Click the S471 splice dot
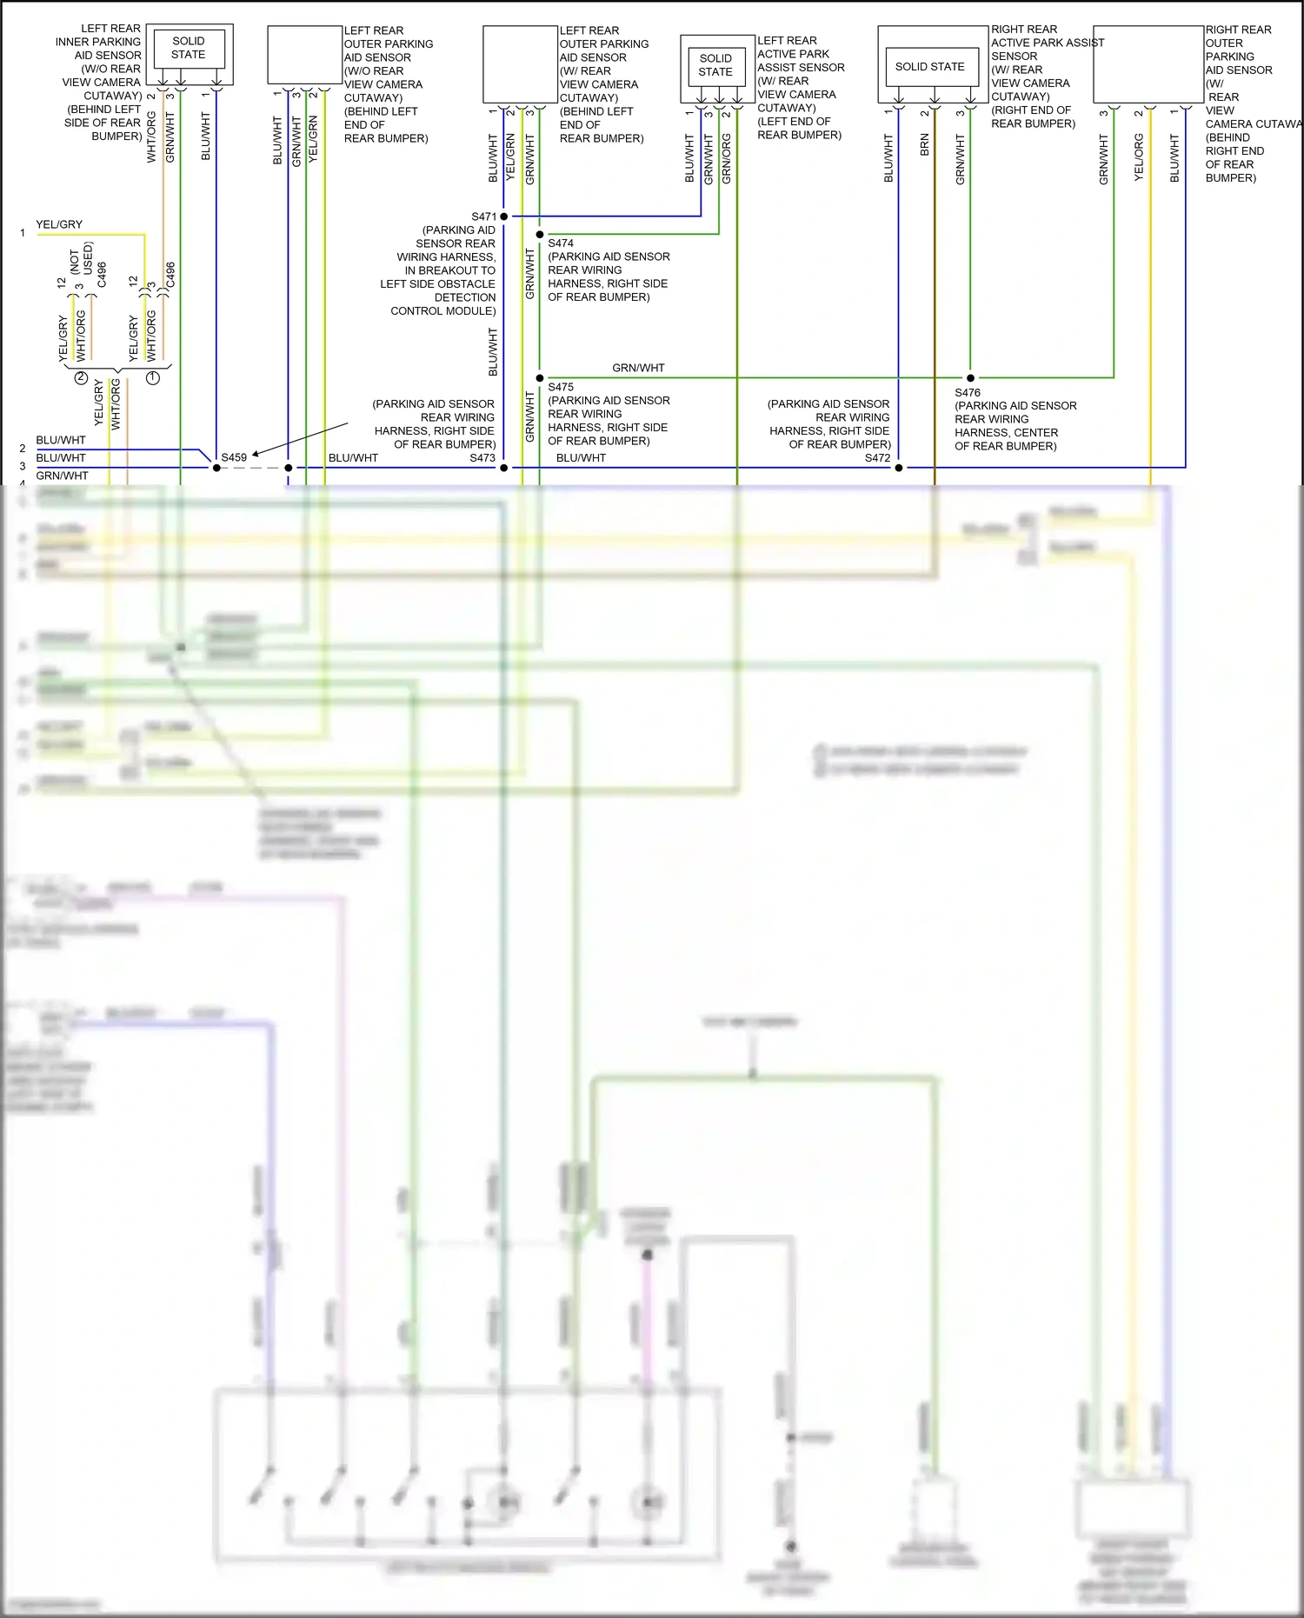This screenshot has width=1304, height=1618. pyautogui.click(x=504, y=216)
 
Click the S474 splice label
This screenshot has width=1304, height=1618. pyautogui.click(x=561, y=243)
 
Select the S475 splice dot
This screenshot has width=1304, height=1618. pyautogui.click(x=540, y=377)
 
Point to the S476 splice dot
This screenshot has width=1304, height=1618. pyautogui.click(x=970, y=377)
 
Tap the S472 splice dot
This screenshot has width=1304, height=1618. pyautogui.click(x=899, y=468)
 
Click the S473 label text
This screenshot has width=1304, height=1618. pyautogui.click(x=482, y=458)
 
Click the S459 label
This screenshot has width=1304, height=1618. pyautogui.click(x=234, y=457)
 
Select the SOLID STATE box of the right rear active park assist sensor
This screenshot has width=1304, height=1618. pyautogui.click(x=930, y=67)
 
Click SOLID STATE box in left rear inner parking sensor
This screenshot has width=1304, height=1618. pyautogui.click(x=189, y=48)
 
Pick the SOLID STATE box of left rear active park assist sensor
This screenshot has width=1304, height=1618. pyautogui.click(x=715, y=65)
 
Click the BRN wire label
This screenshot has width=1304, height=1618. pyautogui.click(x=925, y=145)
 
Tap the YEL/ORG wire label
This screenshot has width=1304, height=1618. pyautogui.click(x=1139, y=157)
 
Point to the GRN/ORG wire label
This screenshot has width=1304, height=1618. pyautogui.click(x=727, y=158)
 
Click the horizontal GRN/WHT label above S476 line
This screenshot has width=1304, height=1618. pyautogui.click(x=638, y=368)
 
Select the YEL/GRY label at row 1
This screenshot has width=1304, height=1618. pyautogui.click(x=59, y=224)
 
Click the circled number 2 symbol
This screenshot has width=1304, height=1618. pyautogui.click(x=81, y=378)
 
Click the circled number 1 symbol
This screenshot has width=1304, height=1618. pyautogui.click(x=153, y=378)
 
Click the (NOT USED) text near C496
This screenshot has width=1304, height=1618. pyautogui.click(x=82, y=258)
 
